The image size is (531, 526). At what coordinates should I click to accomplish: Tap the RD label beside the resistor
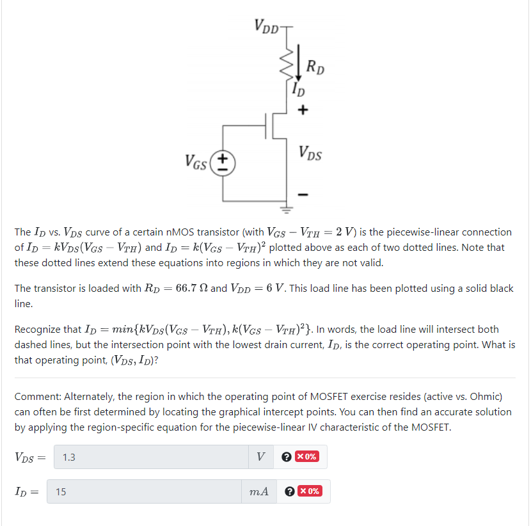[315, 65]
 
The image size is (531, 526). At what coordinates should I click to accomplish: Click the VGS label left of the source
[196, 163]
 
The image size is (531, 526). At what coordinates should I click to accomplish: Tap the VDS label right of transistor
[310, 154]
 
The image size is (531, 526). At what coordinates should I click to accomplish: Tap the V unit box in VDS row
[260, 457]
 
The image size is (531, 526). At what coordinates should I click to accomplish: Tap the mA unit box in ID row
[258, 491]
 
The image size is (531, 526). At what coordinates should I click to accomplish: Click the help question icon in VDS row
[288, 457]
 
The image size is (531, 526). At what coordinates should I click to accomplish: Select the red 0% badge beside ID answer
[312, 491]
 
